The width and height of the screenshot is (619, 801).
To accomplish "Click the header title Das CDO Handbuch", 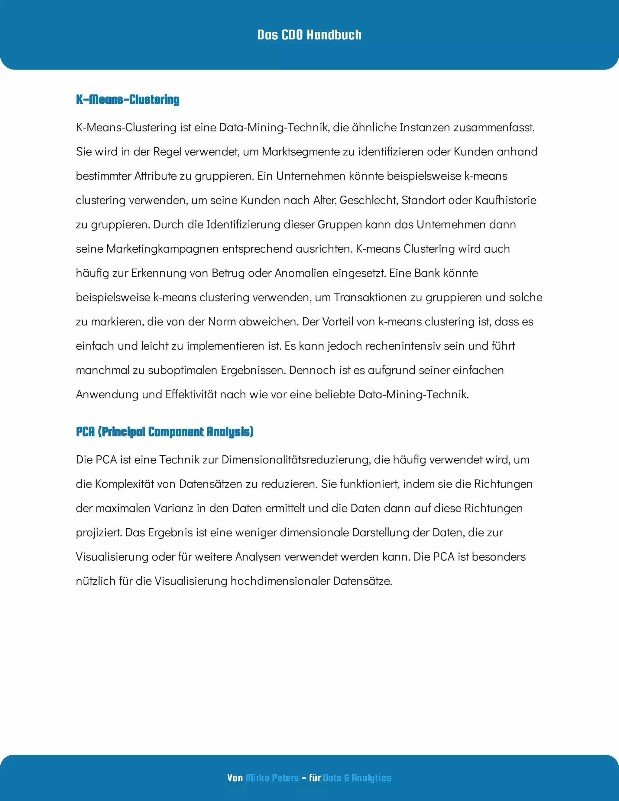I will point(309,35).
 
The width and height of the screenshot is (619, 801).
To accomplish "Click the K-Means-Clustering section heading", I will point(127,99).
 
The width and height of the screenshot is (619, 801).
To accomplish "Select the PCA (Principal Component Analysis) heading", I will point(165,432).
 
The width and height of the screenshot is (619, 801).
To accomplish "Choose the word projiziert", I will point(99,533).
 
